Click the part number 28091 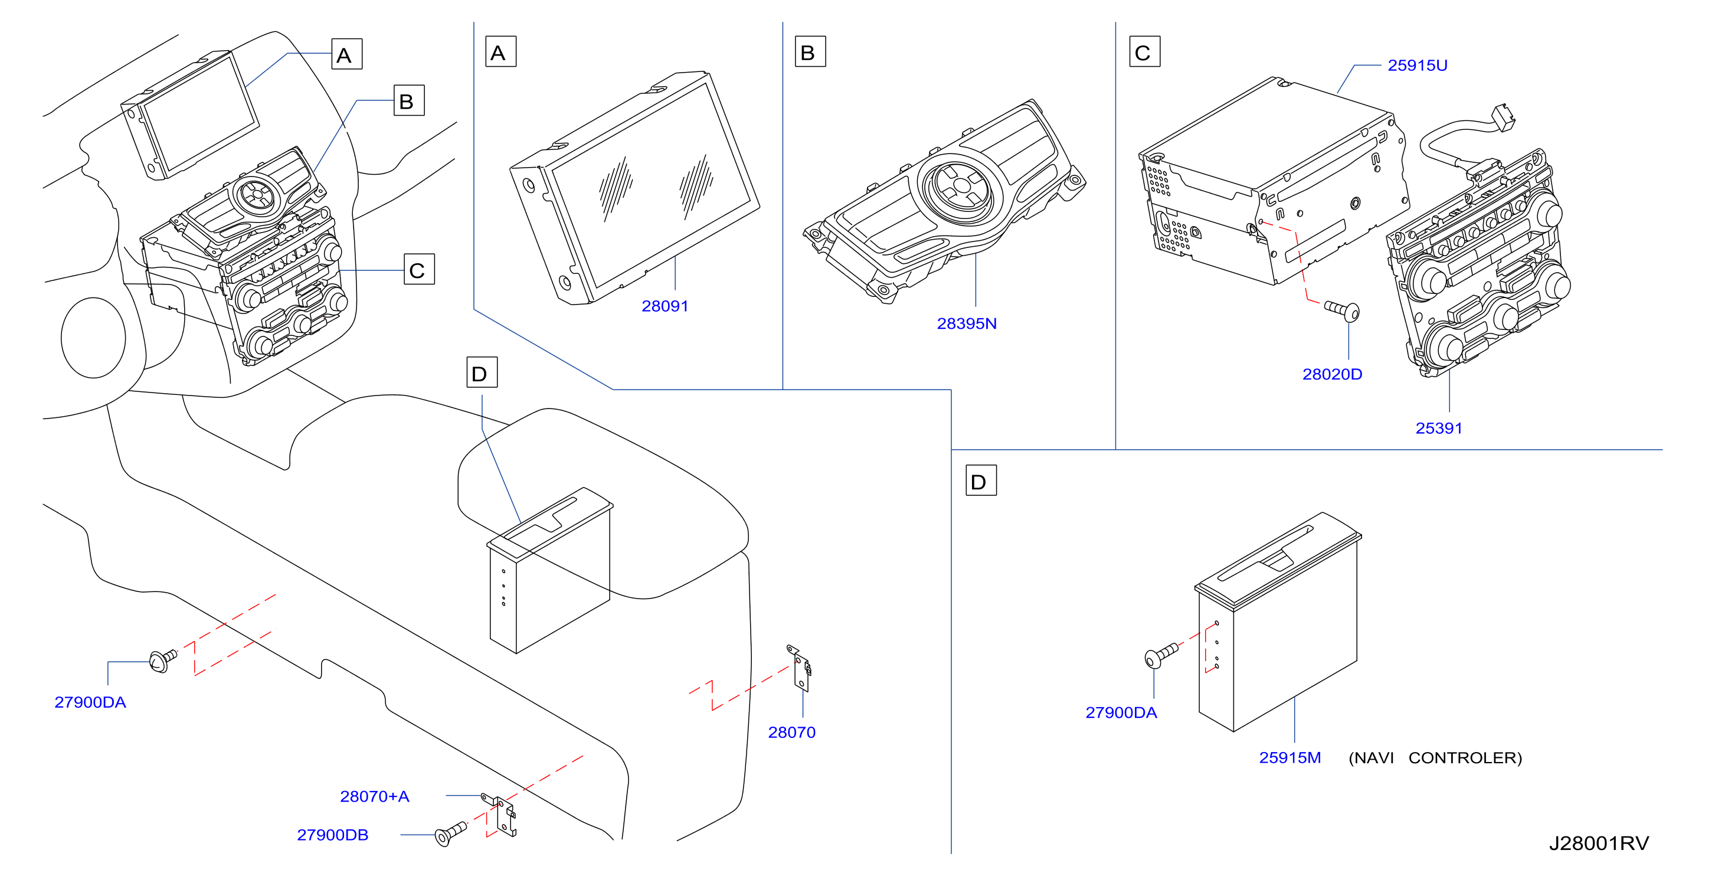click(665, 306)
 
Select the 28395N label click(967, 323)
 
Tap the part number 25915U click(1418, 66)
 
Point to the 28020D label click(1332, 374)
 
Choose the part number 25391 click(1439, 428)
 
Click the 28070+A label click(374, 796)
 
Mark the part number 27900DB click(332, 835)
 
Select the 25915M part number click(1289, 757)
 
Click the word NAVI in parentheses click(1372, 758)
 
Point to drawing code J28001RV click(1599, 844)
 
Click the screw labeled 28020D click(1341, 310)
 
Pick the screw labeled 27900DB click(451, 833)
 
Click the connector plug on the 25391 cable click(1503, 117)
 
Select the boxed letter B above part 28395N click(810, 51)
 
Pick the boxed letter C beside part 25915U click(1144, 51)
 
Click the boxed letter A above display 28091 click(500, 51)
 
